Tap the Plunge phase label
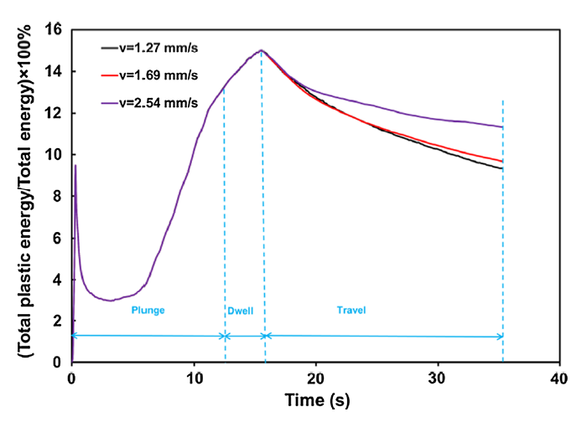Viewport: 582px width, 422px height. click(x=148, y=310)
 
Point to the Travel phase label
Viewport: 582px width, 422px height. click(x=352, y=310)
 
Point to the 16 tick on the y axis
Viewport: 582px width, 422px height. click(x=55, y=30)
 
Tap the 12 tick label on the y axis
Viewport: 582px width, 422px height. click(x=55, y=113)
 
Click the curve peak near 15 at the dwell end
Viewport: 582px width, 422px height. click(x=261, y=50)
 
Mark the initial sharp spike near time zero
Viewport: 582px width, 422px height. click(x=75, y=166)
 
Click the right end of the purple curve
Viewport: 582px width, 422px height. click(x=502, y=127)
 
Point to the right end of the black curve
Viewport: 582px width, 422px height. click(x=502, y=168)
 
